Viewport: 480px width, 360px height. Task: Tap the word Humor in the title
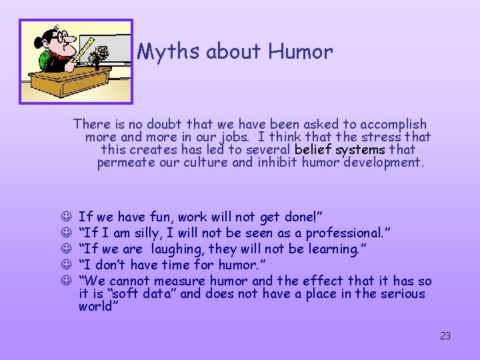coord(303,52)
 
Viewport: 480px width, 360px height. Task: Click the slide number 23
coord(445,336)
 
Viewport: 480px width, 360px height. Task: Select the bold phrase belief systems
coord(340,149)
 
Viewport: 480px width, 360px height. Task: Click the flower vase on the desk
coord(101,57)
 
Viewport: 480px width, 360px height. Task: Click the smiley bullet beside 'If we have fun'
coord(65,216)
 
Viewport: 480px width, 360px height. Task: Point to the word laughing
coord(177,249)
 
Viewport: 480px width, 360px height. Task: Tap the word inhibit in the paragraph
coord(277,162)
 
